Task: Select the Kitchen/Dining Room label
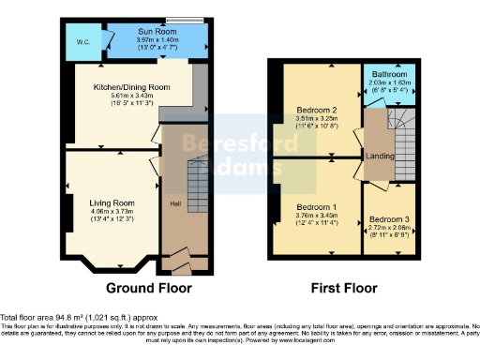[x=138, y=86]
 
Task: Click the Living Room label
[x=112, y=202]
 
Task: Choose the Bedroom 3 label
[x=387, y=218]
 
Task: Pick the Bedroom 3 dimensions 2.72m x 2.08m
[x=387, y=228]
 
